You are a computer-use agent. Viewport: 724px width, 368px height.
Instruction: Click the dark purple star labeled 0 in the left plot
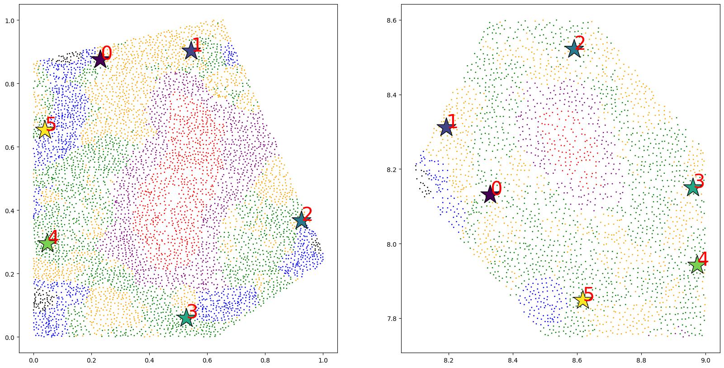100,60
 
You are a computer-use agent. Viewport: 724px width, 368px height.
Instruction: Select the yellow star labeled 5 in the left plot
45,130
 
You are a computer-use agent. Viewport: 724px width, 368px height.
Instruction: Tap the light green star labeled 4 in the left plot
47,243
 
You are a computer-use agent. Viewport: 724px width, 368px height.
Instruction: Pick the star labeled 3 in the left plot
186,318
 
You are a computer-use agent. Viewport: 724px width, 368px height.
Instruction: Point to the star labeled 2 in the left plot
302,220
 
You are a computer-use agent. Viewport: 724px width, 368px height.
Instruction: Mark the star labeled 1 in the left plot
191,51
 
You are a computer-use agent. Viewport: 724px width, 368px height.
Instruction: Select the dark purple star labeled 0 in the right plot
490,195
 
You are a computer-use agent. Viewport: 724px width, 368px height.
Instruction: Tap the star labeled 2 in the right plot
574,49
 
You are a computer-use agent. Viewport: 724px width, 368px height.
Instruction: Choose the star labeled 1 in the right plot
446,127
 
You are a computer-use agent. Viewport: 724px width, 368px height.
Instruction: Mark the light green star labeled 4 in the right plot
697,265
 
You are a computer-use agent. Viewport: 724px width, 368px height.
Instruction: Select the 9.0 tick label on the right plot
705,360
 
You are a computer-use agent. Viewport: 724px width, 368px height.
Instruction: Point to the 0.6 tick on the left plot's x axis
207,360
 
